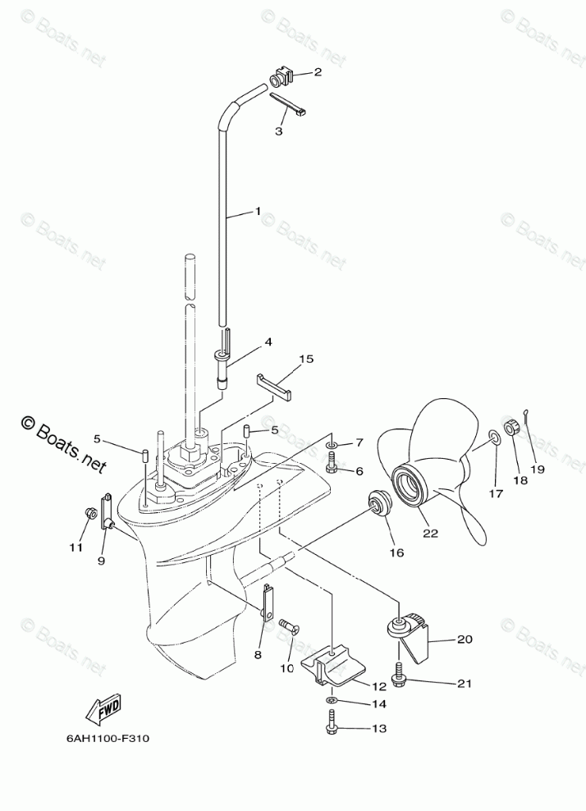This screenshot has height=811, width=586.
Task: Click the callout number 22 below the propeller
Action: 430,534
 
